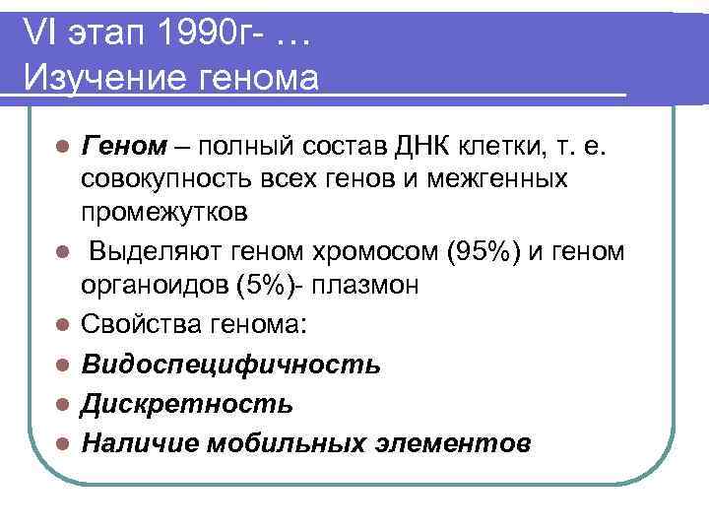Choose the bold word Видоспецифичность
(x=230, y=365)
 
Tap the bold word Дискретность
(x=187, y=404)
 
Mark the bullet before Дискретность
(x=61, y=404)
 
